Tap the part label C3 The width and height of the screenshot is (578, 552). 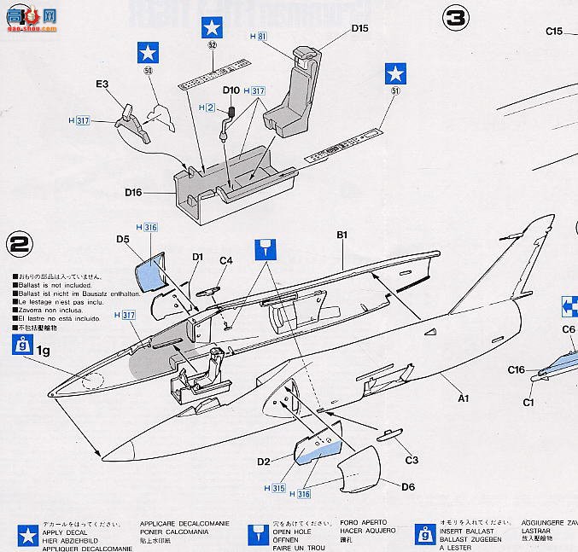point(412,460)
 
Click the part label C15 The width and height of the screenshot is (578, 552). point(555,32)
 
